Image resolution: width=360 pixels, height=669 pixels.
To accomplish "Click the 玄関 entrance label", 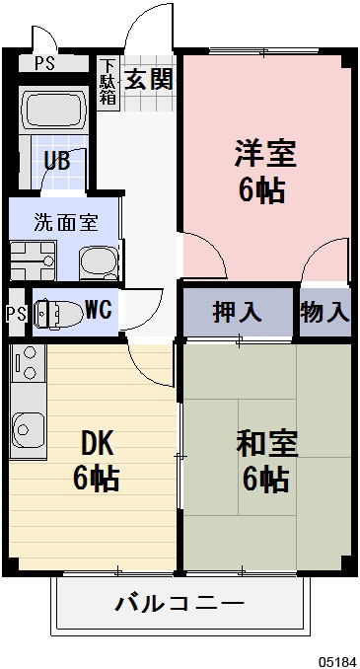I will point(149,78).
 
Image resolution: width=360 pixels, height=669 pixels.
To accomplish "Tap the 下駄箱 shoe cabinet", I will point(108,81).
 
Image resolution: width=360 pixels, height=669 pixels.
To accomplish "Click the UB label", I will point(55,160).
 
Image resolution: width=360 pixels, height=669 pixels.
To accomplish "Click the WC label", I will point(98,310).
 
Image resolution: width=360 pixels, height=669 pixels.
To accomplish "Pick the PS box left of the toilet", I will point(15,314).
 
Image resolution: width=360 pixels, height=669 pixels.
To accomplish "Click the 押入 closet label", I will point(238,312).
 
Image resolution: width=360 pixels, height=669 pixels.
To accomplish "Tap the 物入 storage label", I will point(325,312).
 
